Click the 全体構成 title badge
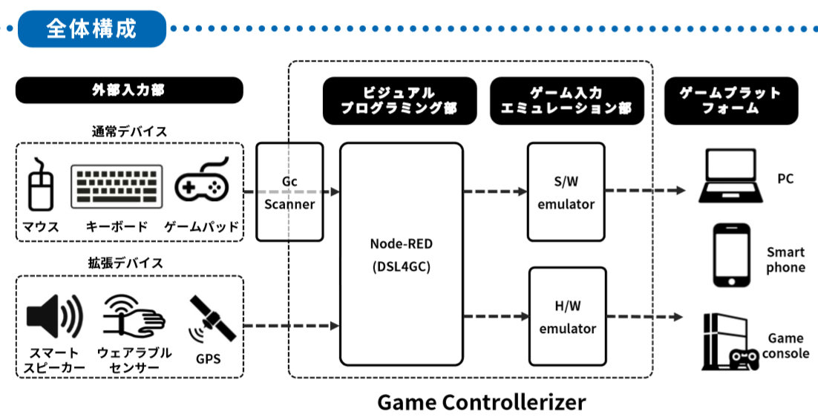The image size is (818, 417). pyautogui.click(x=92, y=29)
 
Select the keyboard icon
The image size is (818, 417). pyautogui.click(x=117, y=186)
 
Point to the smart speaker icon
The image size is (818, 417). pyautogui.click(x=54, y=316)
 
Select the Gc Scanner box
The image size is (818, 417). pyautogui.click(x=289, y=192)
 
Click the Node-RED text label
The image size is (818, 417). pyautogui.click(x=401, y=243)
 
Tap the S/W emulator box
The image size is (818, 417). pyautogui.click(x=566, y=192)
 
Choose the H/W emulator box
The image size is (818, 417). pyautogui.click(x=568, y=316)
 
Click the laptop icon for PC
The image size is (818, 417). pyautogui.click(x=730, y=176)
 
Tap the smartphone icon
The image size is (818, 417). pyautogui.click(x=731, y=255)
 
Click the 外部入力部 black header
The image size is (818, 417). pyautogui.click(x=129, y=91)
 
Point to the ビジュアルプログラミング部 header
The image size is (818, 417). pyautogui.click(x=399, y=101)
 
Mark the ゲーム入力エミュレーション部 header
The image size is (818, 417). pyautogui.click(x=566, y=101)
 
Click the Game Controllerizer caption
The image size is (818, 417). pyautogui.click(x=482, y=402)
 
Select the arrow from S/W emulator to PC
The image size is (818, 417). pyautogui.click(x=645, y=191)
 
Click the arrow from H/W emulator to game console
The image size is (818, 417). pyautogui.click(x=645, y=316)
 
